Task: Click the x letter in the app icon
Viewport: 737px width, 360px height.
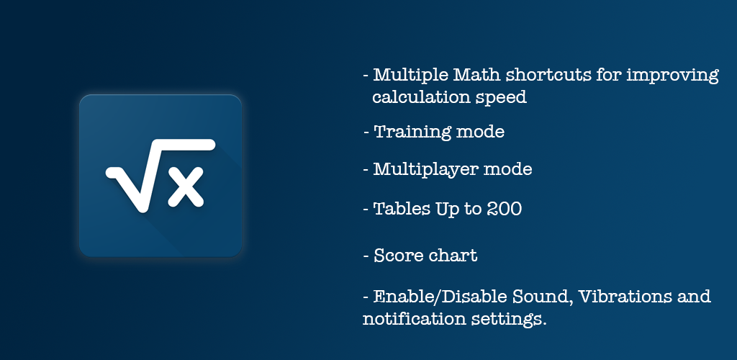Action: point(186,186)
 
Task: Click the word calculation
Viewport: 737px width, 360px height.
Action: point(420,96)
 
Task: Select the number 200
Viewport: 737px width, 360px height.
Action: point(504,209)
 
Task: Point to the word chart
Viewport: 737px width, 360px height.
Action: point(453,256)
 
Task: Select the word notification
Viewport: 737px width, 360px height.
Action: point(413,319)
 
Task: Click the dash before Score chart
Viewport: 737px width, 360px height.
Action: point(366,256)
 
